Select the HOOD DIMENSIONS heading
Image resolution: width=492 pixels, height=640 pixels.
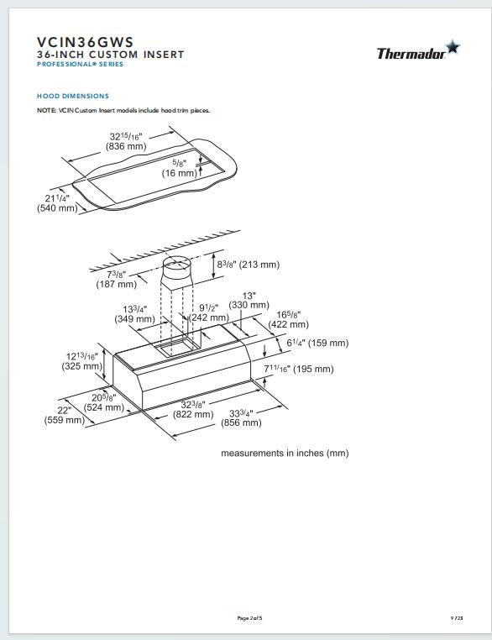pyautogui.click(x=73, y=96)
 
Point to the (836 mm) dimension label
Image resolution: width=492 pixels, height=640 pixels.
pyautogui.click(x=127, y=146)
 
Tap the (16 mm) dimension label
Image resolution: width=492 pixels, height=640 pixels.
pyautogui.click(x=179, y=173)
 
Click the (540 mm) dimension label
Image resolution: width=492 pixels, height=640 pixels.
pyautogui.click(x=57, y=208)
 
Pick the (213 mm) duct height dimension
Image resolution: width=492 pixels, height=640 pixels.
pyautogui.click(x=259, y=265)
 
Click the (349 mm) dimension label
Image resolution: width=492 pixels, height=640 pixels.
pyautogui.click(x=134, y=319)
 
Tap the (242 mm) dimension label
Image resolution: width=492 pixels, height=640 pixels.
pyautogui.click(x=209, y=318)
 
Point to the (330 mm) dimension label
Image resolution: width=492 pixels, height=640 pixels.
pyautogui.click(x=249, y=306)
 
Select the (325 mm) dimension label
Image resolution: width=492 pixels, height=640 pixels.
pyautogui.click(x=81, y=367)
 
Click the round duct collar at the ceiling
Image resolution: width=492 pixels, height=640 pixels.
pyautogui.click(x=177, y=271)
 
